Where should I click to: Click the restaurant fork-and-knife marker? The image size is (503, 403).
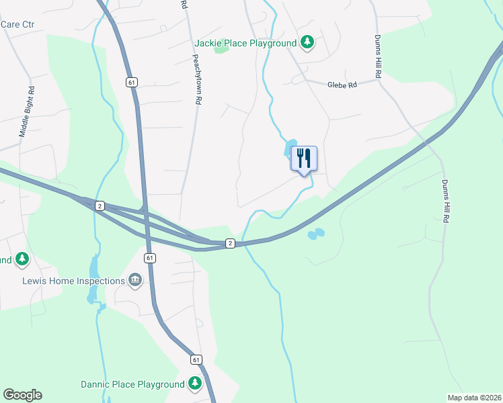[x=303, y=159]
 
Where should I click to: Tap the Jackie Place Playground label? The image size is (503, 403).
[x=245, y=44]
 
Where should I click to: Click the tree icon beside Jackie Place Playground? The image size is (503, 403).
[x=307, y=43]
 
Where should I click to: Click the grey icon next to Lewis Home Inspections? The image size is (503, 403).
[x=135, y=280]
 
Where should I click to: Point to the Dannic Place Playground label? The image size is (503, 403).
[x=132, y=384]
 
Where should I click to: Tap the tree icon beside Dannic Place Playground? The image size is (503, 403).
[x=195, y=384]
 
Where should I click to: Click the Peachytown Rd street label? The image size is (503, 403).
[x=197, y=79]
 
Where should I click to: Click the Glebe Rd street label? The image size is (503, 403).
[x=341, y=85]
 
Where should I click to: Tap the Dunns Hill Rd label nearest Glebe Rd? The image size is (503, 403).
[x=378, y=57]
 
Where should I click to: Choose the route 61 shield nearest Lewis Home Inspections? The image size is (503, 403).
[x=150, y=258]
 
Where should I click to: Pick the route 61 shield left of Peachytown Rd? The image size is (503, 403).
[x=131, y=82]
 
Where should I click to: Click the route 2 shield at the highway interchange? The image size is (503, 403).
[x=100, y=205]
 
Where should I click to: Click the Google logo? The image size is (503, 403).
[x=22, y=395]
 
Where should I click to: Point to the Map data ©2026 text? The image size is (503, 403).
[x=473, y=397]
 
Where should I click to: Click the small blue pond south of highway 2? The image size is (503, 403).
[x=315, y=234]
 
